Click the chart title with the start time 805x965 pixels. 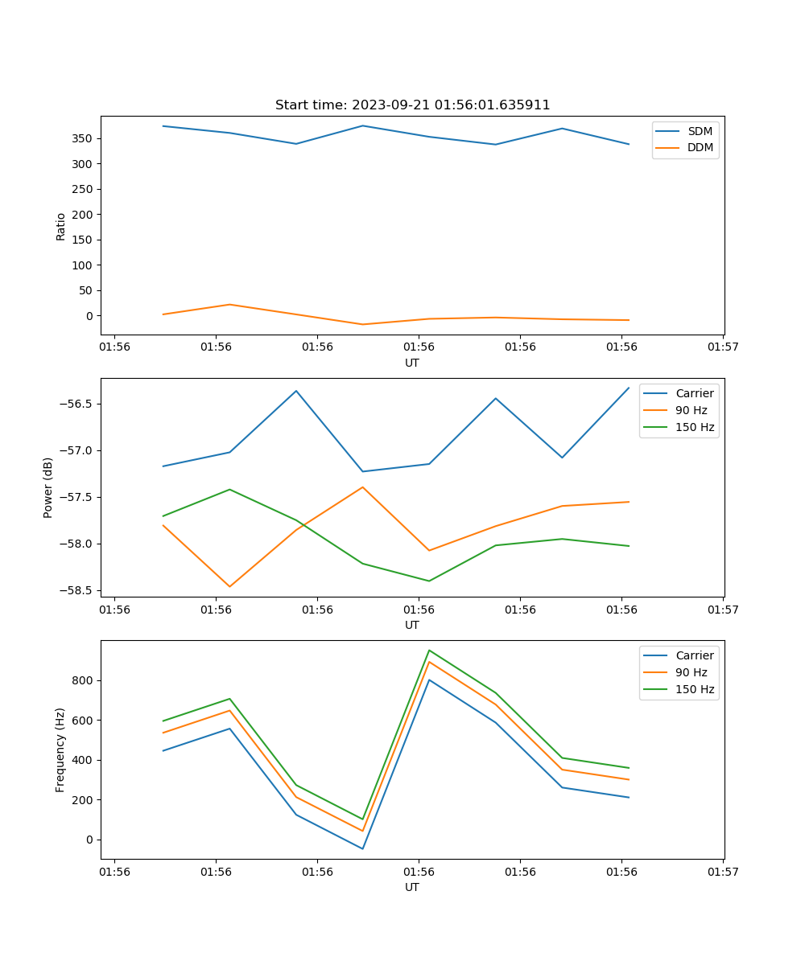tap(412, 105)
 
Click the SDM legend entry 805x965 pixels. tap(700, 131)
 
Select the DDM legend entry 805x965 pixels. tap(700, 148)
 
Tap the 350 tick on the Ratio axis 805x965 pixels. tap(82, 138)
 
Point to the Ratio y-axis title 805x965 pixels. tap(61, 225)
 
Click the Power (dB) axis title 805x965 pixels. tap(48, 487)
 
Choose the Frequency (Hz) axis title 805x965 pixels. tap(60, 749)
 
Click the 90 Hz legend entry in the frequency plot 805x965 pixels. tap(691, 672)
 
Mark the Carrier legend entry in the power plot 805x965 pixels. tap(695, 393)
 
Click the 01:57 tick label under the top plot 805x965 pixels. tap(722, 347)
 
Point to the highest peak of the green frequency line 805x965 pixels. tap(429, 650)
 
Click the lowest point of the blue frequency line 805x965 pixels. tap(362, 848)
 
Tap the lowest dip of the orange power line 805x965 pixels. tap(229, 586)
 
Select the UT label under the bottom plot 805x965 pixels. tap(412, 887)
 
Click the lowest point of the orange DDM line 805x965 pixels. tap(362, 324)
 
